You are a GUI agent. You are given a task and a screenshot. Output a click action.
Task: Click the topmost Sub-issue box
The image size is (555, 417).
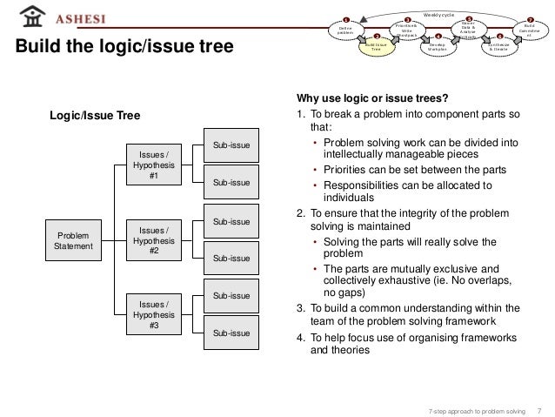pyautogui.click(x=232, y=146)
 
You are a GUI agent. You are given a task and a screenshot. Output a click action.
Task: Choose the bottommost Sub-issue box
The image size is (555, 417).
pyautogui.click(x=232, y=333)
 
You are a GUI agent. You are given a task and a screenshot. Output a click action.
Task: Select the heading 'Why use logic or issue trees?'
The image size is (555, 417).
pyautogui.click(x=372, y=98)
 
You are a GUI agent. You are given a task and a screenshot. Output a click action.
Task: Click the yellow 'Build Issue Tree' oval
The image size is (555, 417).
pyautogui.click(x=377, y=49)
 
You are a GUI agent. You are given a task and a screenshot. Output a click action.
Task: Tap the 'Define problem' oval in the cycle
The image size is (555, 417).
pyautogui.click(x=344, y=31)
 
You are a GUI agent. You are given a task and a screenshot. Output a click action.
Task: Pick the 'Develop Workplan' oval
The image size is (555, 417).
pyautogui.click(x=438, y=49)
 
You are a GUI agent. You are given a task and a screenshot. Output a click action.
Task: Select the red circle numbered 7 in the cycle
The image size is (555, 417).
pyautogui.click(x=529, y=19)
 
